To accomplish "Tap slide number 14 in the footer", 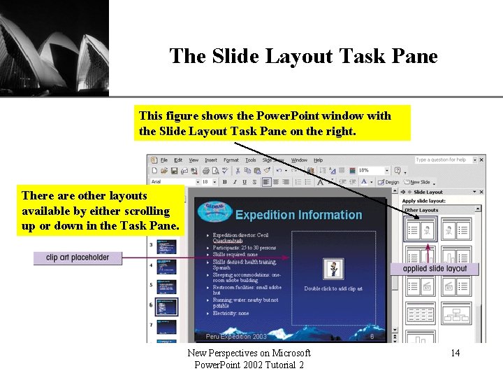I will (x=455, y=353).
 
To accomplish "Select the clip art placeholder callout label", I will (x=78, y=258).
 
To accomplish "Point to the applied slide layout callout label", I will (x=435, y=269).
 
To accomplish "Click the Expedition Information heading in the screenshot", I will (x=298, y=215).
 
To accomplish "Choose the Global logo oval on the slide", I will (x=215, y=212).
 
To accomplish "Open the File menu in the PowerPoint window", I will (x=164, y=160).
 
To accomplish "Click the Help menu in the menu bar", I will (x=318, y=160).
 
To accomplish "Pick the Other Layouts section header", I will (x=422, y=210).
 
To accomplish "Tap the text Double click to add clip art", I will (x=333, y=288).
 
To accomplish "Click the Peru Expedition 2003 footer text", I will (x=236, y=337).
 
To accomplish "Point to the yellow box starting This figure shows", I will (x=272, y=123).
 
